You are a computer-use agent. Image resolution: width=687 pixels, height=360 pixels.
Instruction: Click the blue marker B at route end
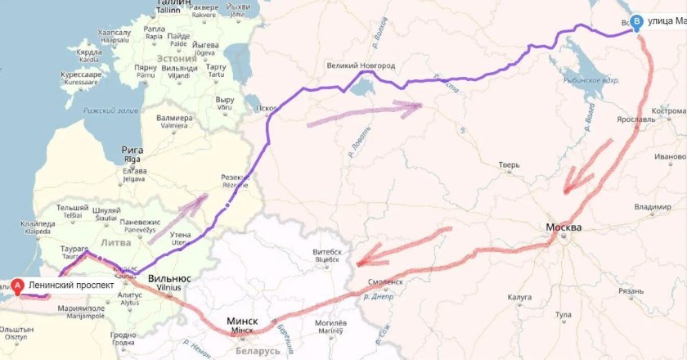[638, 23]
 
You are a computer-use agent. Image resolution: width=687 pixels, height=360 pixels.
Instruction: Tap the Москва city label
[564, 227]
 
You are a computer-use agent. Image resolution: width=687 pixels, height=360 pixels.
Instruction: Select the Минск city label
[243, 322]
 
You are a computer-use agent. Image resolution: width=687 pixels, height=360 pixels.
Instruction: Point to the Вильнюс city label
[171, 278]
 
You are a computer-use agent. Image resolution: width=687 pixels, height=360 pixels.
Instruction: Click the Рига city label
[132, 151]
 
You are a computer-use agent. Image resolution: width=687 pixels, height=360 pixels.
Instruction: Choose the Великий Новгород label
[361, 65]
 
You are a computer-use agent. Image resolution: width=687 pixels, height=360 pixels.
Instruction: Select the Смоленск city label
[386, 281]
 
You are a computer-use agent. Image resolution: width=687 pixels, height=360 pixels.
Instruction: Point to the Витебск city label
[327, 252]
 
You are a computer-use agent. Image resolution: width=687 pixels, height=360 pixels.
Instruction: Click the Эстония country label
[176, 59]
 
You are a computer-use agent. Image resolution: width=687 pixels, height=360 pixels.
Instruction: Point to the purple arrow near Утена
[177, 218]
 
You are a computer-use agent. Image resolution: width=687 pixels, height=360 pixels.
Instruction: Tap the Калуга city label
[519, 297]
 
